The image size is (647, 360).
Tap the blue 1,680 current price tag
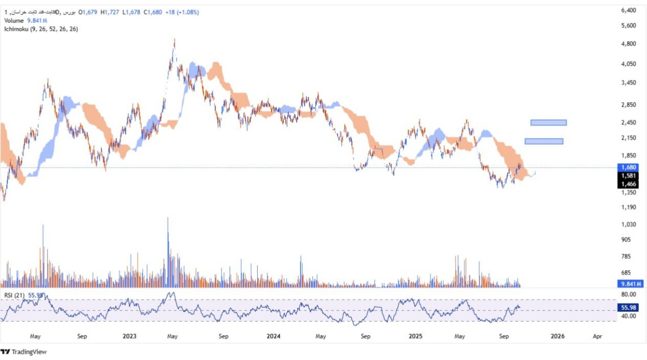pyautogui.click(x=628, y=167)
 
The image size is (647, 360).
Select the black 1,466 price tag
pyautogui.click(x=628, y=184)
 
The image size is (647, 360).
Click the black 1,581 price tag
pyautogui.click(x=628, y=175)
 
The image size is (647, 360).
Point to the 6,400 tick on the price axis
pyautogui.click(x=628, y=10)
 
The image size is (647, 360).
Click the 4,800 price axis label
pyautogui.click(x=628, y=44)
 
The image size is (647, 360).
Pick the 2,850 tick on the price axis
pyautogui.click(x=628, y=105)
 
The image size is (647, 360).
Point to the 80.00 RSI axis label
pyautogui.click(x=628, y=295)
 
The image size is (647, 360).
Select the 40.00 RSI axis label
pyautogui.click(x=628, y=316)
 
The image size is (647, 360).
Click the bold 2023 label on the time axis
pyautogui.click(x=129, y=336)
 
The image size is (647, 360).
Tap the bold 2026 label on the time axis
pyautogui.click(x=557, y=336)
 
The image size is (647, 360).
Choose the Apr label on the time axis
pyautogui.click(x=596, y=336)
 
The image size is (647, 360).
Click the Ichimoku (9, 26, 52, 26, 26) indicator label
pyautogui.click(x=41, y=29)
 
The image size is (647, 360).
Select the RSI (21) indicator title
pyautogui.click(x=14, y=295)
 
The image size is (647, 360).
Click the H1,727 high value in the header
pyautogui.click(x=110, y=12)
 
